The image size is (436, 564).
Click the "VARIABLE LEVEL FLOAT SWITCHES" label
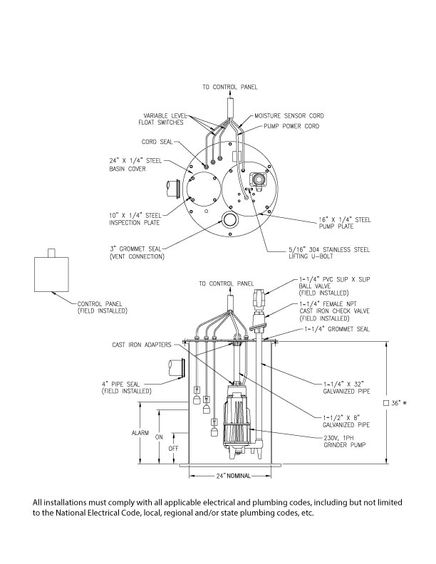[x=164, y=118]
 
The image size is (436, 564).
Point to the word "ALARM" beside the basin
[x=139, y=433]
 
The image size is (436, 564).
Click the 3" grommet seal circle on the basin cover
[x=230, y=221]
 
